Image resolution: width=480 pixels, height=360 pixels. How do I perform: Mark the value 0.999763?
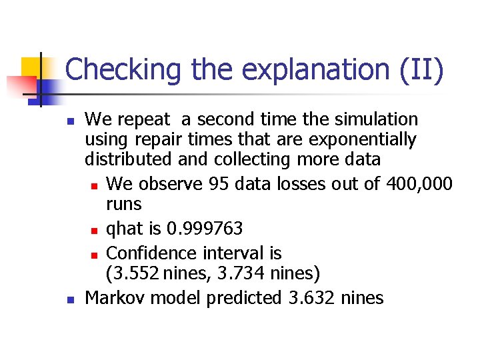tap(205, 229)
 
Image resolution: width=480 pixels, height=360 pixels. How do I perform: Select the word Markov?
tap(117, 297)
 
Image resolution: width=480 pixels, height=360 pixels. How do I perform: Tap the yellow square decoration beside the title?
tap(32, 68)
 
